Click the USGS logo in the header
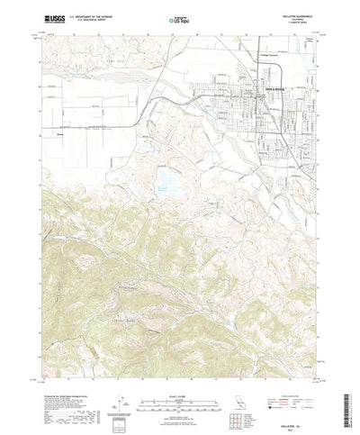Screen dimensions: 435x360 click(46, 17)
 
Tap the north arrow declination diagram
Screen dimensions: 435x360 click(122, 396)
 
